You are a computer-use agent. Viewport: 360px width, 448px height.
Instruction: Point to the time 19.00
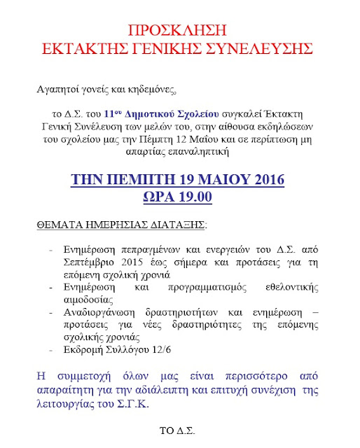click(194, 197)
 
